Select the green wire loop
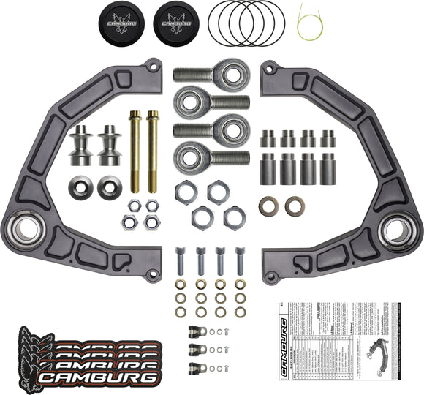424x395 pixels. pos(309,23)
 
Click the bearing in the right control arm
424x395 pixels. pos(395,229)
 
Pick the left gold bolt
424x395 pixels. pos(135,151)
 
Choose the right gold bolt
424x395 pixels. pos(153,151)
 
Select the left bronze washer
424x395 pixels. pos(269,206)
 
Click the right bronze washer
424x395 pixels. pos(295,206)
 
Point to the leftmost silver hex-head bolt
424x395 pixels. pos(181,261)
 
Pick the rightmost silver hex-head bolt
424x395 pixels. pos(240,261)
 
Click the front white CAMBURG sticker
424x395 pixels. pos(98,377)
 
